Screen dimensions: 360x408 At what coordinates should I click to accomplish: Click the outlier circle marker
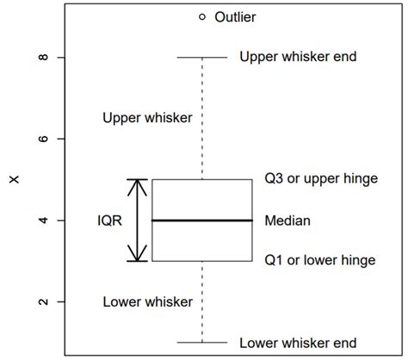202,16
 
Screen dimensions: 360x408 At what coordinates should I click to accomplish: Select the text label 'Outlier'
235,16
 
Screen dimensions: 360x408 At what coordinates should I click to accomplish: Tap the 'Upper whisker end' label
297,57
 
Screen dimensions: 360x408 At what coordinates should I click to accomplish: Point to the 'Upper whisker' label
147,117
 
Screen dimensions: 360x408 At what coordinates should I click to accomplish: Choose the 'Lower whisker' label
147,301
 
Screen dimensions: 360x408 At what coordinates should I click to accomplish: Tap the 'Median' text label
287,220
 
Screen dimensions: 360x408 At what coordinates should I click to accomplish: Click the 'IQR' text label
109,220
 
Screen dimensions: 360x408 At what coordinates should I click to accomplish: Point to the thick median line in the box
202,220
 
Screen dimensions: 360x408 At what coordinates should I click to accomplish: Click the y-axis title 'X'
13,180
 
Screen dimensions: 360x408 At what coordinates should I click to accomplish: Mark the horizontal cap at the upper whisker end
202,58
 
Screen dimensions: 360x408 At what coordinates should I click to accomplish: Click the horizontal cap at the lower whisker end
202,342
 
